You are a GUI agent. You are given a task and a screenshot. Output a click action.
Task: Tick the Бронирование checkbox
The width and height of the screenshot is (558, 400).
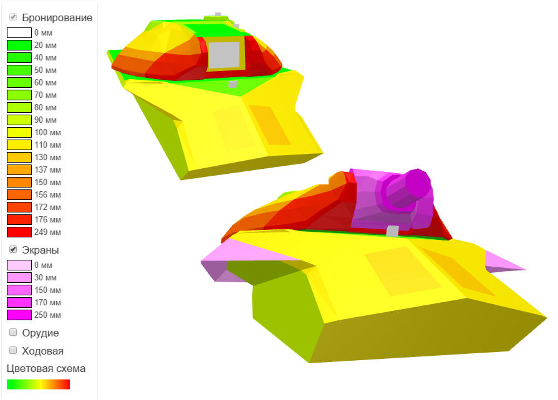(13, 17)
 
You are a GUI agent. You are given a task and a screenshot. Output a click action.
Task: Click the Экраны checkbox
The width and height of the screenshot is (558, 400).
(13, 250)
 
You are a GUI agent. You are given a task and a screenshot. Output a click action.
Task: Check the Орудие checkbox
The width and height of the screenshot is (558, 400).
(13, 333)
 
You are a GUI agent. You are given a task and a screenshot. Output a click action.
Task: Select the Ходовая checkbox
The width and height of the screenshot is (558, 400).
(13, 351)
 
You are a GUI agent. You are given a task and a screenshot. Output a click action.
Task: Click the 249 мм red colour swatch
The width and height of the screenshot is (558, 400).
(19, 232)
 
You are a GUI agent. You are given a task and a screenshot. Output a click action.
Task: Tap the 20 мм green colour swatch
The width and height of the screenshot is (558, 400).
(19, 45)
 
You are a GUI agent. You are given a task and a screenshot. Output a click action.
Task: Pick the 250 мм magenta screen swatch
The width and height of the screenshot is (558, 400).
(19, 315)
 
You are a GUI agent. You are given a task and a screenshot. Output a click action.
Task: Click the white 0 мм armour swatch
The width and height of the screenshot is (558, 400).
(19, 33)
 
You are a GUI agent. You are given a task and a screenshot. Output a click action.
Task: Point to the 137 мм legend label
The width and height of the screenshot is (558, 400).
(47, 169)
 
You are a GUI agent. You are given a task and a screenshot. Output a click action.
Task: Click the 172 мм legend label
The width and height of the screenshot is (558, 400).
(47, 207)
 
